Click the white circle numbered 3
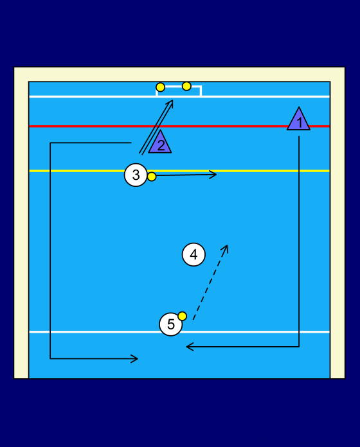pos(136,175)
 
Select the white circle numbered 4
pos(194,254)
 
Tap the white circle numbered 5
pos(170,324)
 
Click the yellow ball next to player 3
pos(152,177)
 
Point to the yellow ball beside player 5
pos(183,316)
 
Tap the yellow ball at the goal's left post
pos(161,87)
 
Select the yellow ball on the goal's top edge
pos(186,86)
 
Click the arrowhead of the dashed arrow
pos(226,249)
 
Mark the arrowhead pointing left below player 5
pos(189,347)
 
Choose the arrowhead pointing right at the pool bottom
pos(135,358)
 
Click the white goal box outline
pos(179,86)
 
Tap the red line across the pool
pos(179,126)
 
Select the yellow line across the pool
pos(179,171)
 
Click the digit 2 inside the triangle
pos(161,145)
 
